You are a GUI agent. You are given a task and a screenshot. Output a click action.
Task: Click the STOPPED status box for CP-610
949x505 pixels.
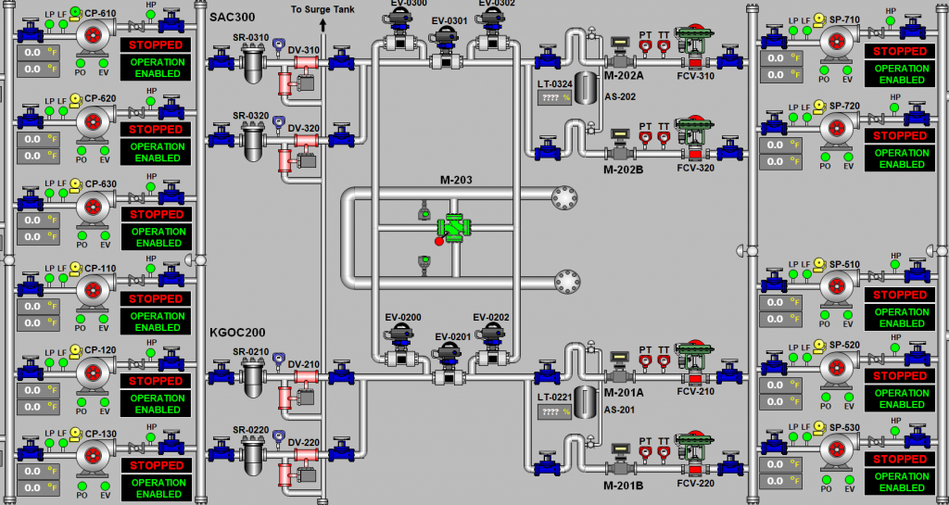[x=156, y=44]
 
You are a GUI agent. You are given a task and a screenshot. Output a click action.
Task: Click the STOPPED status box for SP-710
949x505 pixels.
[x=899, y=51]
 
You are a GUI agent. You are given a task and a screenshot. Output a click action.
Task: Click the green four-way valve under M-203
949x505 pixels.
[x=454, y=227]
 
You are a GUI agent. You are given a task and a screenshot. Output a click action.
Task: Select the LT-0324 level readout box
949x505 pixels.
[x=554, y=98]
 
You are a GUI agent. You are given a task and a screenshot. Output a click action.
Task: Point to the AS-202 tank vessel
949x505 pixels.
[x=587, y=87]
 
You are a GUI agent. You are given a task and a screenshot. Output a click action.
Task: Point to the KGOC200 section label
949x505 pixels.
[x=237, y=332]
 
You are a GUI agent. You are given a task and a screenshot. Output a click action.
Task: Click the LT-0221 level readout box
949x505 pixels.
[x=554, y=411]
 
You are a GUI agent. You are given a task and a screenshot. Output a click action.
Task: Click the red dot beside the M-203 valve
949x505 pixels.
[x=439, y=241]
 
